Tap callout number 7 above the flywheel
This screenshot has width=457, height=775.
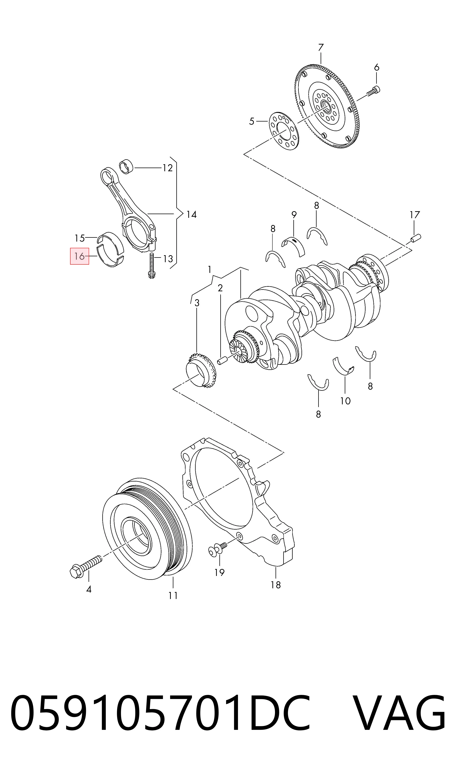pos(321,48)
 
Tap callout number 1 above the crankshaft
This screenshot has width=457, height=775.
pos(210,270)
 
